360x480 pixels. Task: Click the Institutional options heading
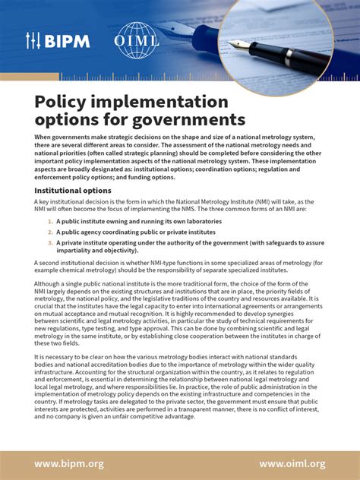point(72,190)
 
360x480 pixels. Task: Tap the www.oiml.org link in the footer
point(292,463)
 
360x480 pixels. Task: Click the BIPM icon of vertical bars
point(33,41)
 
